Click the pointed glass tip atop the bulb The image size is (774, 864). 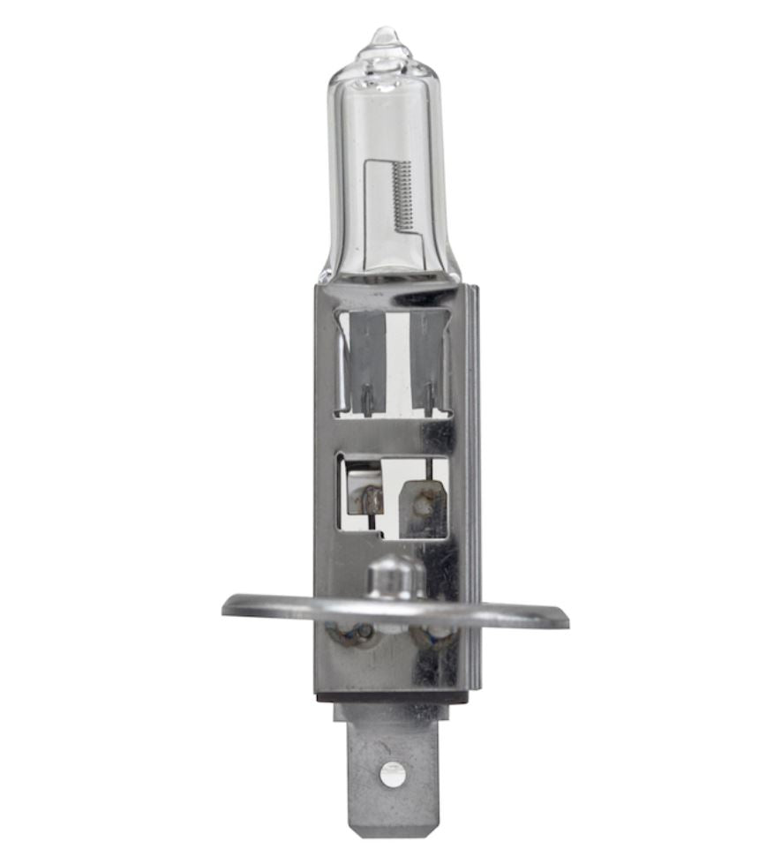(385, 36)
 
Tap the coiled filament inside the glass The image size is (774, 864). (402, 196)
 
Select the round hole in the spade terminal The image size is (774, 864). (392, 773)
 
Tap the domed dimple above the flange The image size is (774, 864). (395, 575)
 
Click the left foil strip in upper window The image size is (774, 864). (365, 353)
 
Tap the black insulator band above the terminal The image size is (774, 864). (392, 696)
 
